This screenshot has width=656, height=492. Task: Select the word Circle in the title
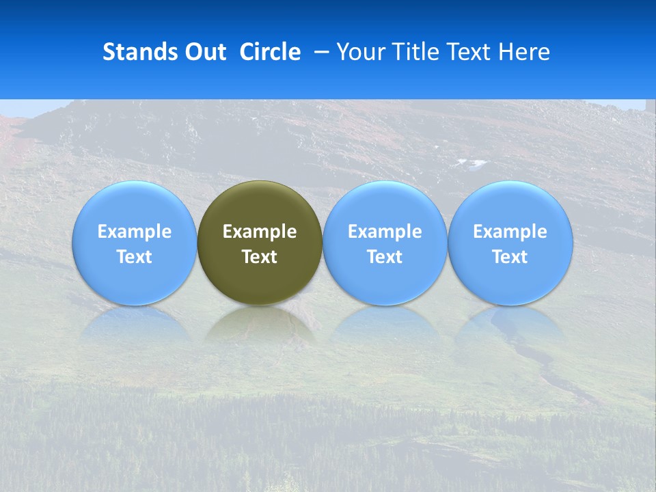coord(270,52)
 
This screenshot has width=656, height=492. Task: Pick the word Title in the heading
coord(413,52)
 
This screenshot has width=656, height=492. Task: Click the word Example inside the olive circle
coord(260,232)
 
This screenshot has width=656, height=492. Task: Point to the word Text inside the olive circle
coord(260,257)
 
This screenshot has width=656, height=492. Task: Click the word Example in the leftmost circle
coord(135,232)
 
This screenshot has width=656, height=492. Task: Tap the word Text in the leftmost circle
coord(135,257)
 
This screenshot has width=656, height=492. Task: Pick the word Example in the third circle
coord(385,232)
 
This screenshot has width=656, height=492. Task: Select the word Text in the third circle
coord(385,257)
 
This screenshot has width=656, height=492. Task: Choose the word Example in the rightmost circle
coord(510,232)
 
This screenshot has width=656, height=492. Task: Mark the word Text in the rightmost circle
coord(510,257)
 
